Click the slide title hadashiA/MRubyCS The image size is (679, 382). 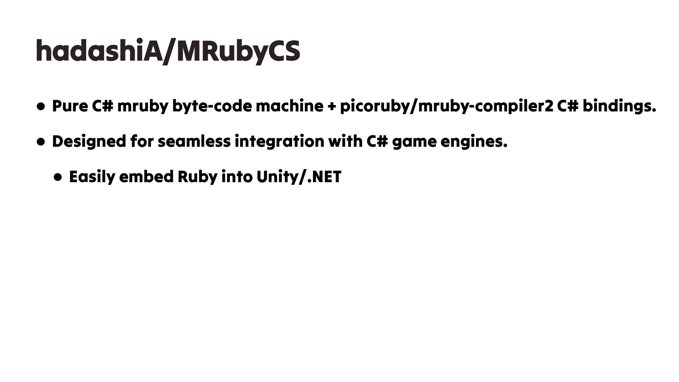point(168,51)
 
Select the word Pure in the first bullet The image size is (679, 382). point(69,106)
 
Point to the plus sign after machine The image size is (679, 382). point(331,106)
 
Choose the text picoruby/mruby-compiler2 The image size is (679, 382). point(446,106)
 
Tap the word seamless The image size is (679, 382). point(194,141)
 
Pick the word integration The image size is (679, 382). point(279,141)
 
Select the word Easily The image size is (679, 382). point(92,177)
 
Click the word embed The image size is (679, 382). point(146,177)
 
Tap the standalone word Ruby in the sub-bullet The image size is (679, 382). point(197,177)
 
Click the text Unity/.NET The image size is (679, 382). point(299,177)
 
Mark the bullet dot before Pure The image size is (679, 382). point(41,106)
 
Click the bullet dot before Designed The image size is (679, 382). point(41,141)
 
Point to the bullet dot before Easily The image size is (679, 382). point(59,177)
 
